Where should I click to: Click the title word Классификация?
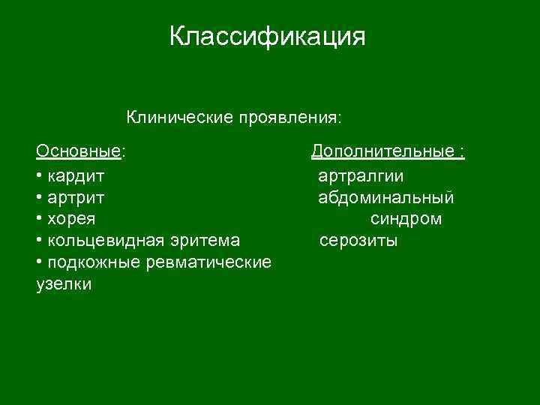point(267,36)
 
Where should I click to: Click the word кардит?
point(76,177)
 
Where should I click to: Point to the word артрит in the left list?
point(76,198)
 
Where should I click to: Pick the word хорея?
point(70,220)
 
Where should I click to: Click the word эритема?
point(205,241)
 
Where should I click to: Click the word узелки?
point(64,284)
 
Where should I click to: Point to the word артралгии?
point(361,177)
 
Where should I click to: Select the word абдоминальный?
point(385,198)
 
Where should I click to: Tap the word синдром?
point(406,220)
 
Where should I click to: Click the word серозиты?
point(358,241)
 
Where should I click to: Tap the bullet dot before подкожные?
point(39,263)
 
